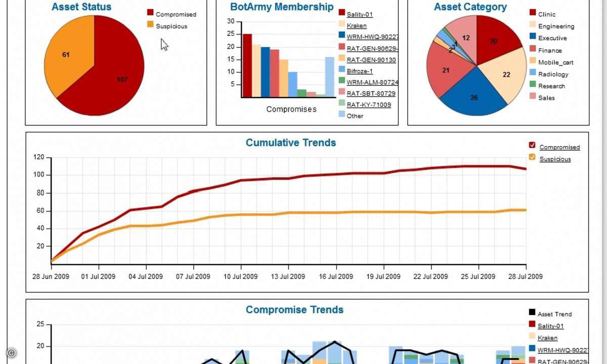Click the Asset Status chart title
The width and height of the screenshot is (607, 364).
point(81,7)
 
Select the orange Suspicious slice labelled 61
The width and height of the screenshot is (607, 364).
point(69,61)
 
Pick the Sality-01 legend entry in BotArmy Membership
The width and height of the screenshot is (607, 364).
point(360,14)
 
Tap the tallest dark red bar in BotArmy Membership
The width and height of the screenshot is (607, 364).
point(247,65)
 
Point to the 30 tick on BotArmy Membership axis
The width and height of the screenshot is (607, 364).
point(231,21)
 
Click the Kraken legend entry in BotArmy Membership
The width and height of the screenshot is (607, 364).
point(357,26)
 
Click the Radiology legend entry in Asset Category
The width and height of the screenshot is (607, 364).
point(553,74)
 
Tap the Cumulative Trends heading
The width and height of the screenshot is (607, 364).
point(291,143)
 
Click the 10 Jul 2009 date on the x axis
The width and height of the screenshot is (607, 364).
point(241,277)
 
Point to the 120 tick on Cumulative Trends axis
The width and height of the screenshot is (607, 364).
point(39,157)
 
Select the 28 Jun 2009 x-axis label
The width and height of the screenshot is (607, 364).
point(51,277)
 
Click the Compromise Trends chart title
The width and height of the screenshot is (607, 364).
point(294,310)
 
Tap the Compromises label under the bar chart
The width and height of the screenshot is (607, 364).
point(291,109)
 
